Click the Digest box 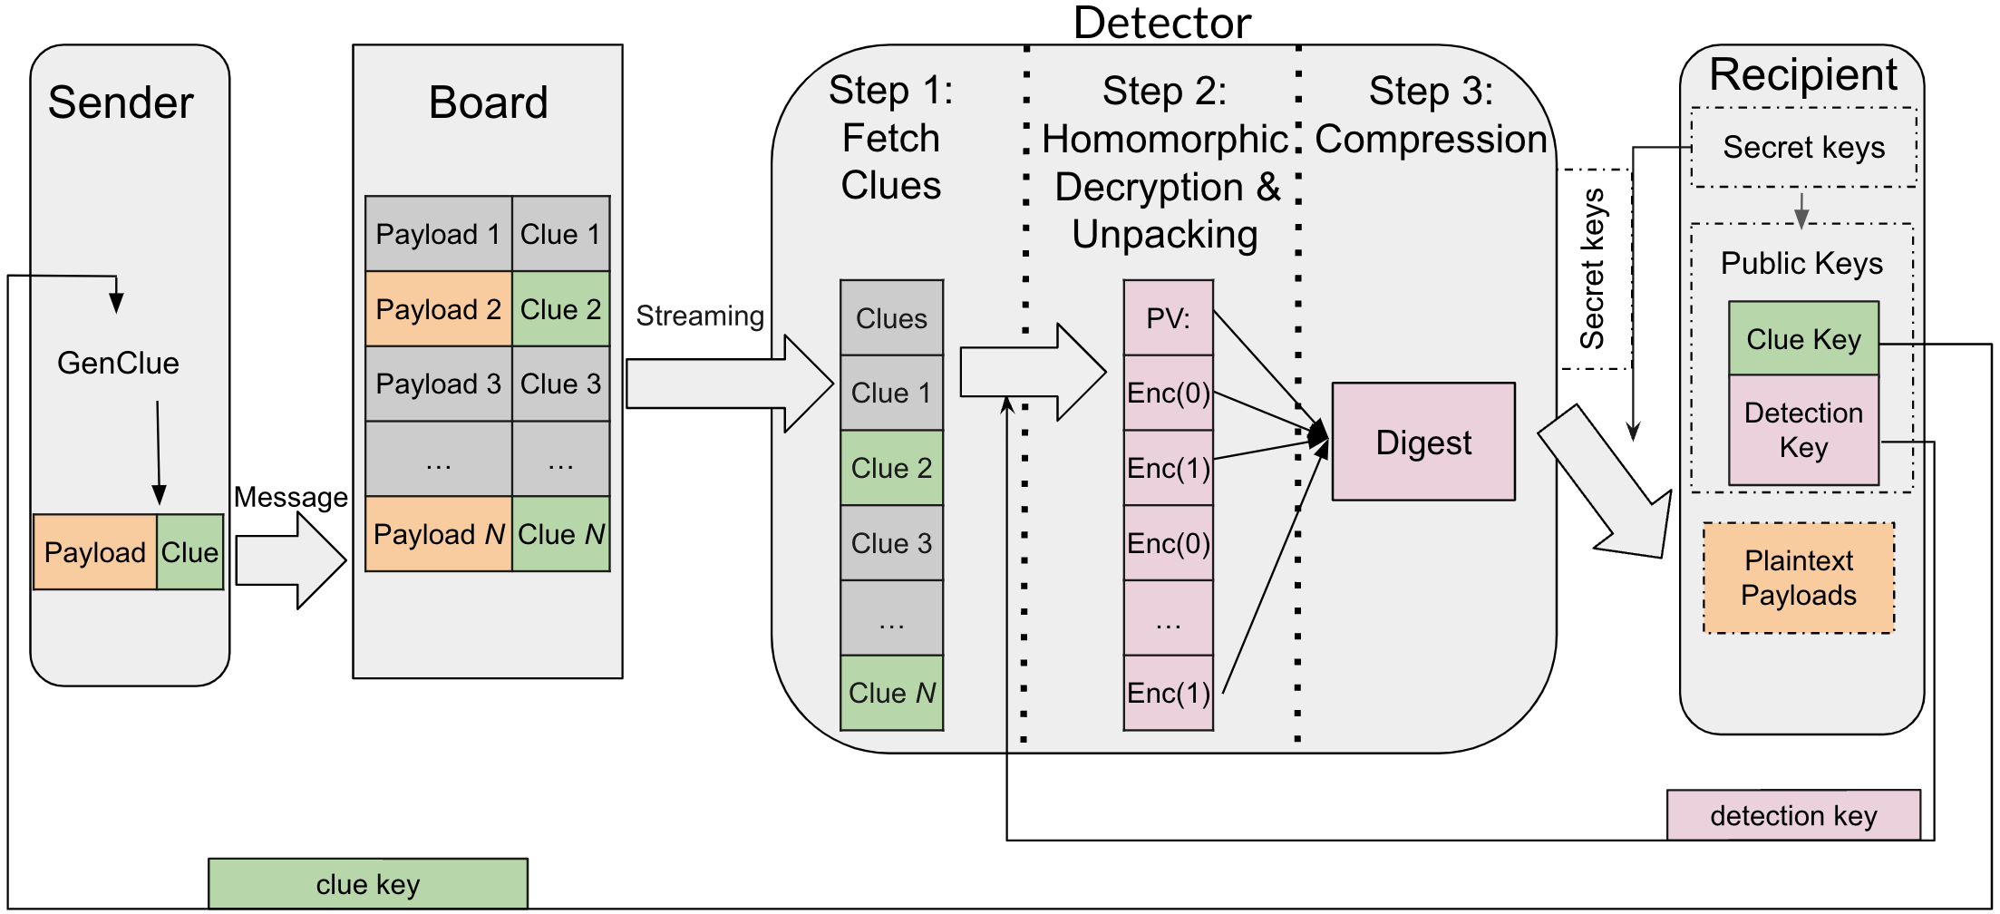click(x=1423, y=442)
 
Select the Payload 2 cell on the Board click(x=439, y=309)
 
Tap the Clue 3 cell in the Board click(x=560, y=384)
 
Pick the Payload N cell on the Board click(x=439, y=534)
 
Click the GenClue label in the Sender click(x=118, y=363)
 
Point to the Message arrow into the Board click(x=290, y=560)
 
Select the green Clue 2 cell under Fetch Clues click(x=891, y=468)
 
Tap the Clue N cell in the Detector click(x=891, y=693)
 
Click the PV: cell click(x=1168, y=318)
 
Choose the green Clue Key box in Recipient click(x=1803, y=339)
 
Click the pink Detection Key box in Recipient click(x=1803, y=430)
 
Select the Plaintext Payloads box click(x=1799, y=578)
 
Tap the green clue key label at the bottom click(x=368, y=884)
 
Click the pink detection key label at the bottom click(x=1793, y=815)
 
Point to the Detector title click(x=1162, y=23)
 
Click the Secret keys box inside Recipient click(x=1803, y=147)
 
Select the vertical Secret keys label click(x=1593, y=268)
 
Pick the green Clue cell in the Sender click(x=189, y=552)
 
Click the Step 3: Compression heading click(x=1431, y=115)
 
